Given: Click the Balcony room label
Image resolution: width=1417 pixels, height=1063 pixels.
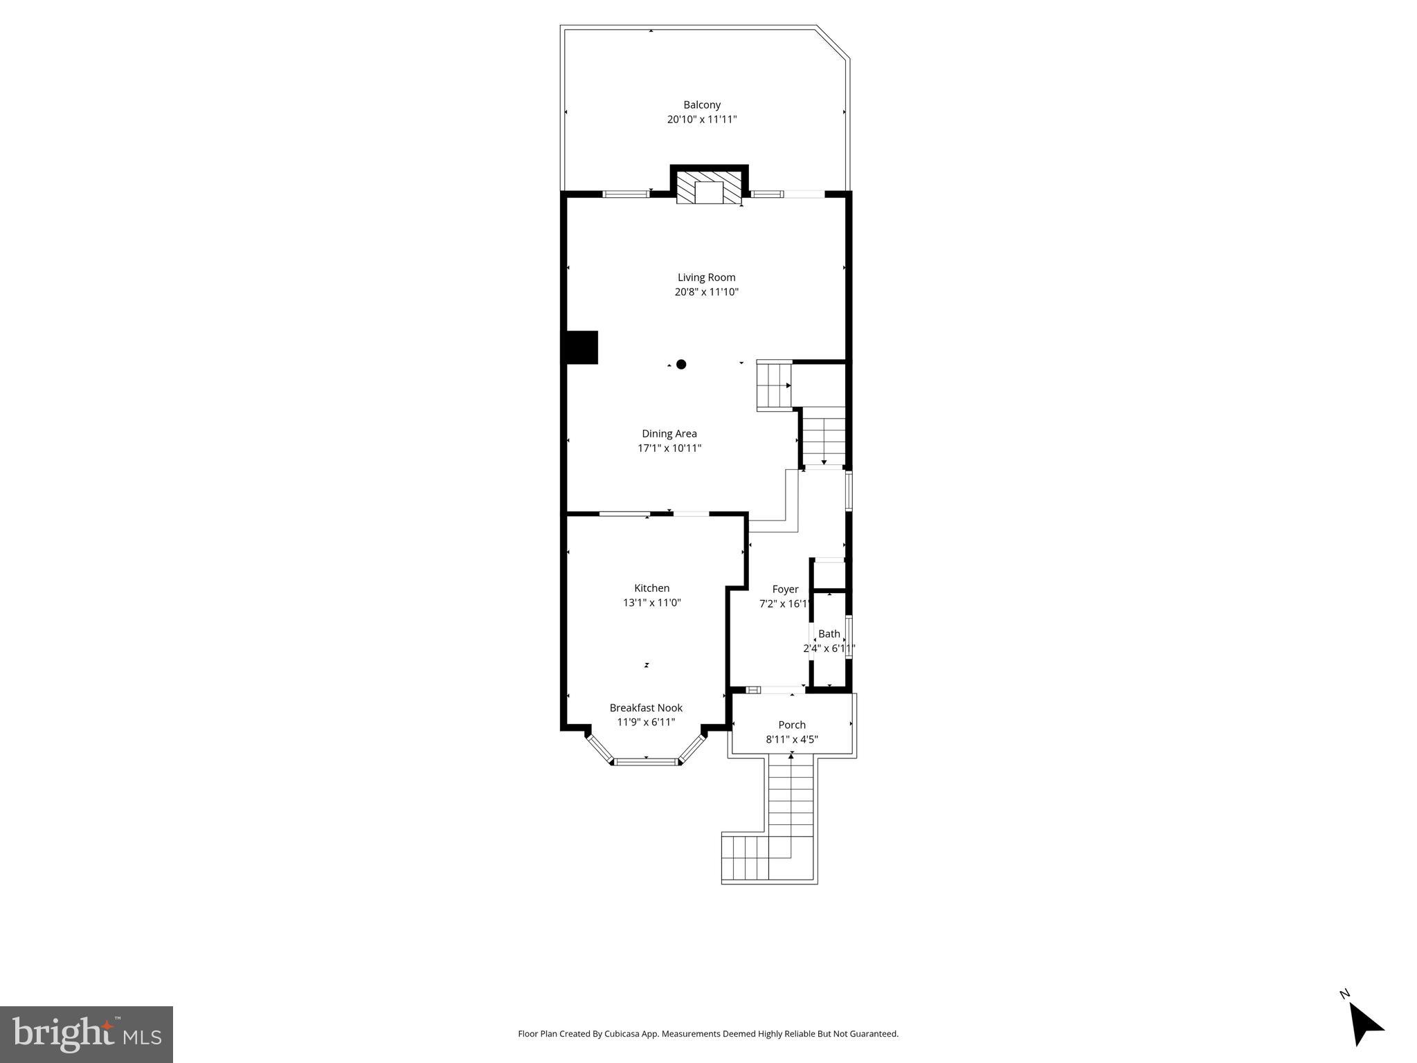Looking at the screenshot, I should pos(702,105).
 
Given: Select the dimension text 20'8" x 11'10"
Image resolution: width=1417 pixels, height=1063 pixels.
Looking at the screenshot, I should pos(706,292).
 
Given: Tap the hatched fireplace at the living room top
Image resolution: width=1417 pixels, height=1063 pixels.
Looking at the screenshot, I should pos(708,188).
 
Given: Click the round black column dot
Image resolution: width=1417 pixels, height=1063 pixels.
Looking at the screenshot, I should pos(681,364).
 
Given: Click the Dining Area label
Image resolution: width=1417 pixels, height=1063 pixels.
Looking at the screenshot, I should pos(669,434).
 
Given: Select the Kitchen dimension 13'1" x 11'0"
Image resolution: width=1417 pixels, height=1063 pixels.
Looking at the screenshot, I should pos(651,603).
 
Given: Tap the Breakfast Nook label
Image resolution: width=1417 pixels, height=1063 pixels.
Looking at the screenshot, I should pos(645,708).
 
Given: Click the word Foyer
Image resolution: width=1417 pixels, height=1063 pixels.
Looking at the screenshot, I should pos(785,590).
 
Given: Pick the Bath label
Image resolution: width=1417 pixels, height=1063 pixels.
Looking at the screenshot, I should pos(829,634).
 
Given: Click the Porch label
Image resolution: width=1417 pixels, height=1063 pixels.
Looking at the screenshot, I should pos(791,725).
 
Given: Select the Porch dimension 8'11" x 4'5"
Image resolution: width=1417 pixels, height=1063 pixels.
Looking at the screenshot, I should pos(791,740).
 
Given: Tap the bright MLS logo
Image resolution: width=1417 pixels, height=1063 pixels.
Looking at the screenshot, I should pos(87,1034).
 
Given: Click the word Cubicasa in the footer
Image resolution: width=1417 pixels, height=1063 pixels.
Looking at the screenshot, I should pos(620,1034).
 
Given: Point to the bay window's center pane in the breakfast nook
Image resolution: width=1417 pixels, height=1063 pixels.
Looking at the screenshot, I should pos(646,762).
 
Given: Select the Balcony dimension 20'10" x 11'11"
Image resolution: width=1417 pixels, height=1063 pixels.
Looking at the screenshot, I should pos(701,120).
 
